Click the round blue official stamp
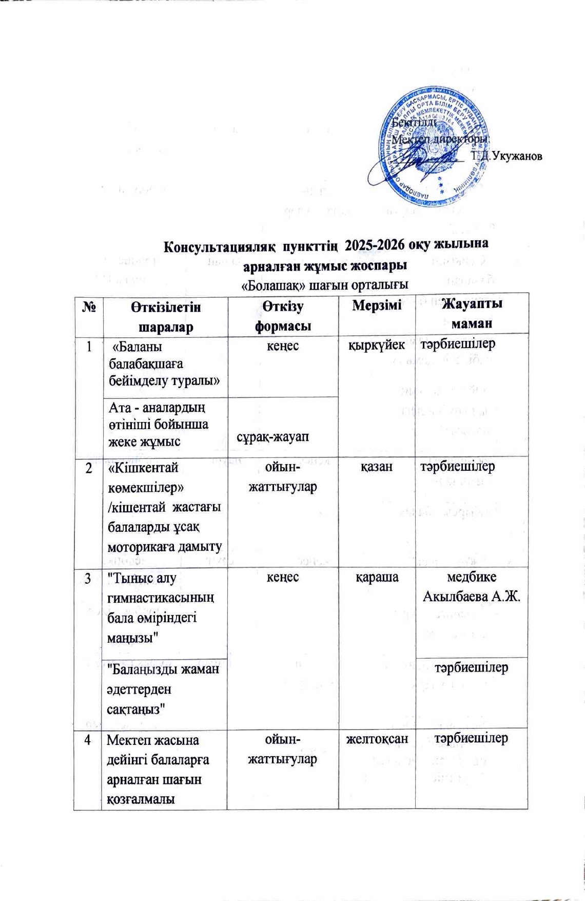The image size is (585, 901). click(x=434, y=147)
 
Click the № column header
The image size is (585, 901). click(x=89, y=308)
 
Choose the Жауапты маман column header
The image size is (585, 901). click(x=472, y=313)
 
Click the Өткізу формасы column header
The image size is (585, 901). click(x=283, y=316)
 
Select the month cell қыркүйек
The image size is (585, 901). click(x=377, y=345)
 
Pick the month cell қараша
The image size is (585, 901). click(x=377, y=577)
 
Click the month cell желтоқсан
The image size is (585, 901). click(x=377, y=738)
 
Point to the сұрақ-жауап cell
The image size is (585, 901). click(x=273, y=436)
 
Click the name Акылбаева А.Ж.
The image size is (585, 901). click(x=472, y=597)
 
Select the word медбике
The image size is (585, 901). click(x=472, y=577)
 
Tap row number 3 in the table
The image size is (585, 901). click(x=88, y=579)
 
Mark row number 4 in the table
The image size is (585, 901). click(x=88, y=740)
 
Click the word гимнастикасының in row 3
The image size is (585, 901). click(x=161, y=598)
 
